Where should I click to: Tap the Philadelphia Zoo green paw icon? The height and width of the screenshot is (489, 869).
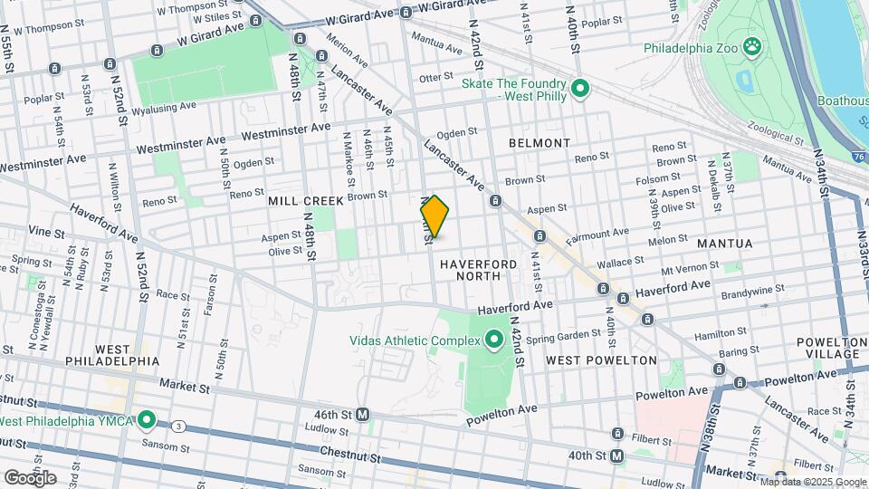(750, 46)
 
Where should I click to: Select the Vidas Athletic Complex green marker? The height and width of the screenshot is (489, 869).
(493, 340)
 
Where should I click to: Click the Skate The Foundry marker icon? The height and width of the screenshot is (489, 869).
(580, 89)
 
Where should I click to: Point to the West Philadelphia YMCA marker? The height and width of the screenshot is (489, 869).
(147, 421)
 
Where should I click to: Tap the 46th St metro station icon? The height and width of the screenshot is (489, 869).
(362, 414)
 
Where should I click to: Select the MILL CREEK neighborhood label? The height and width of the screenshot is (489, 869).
(306, 200)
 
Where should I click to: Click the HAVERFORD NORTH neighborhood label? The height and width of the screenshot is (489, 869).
(478, 269)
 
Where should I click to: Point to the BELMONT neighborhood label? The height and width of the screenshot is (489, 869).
(540, 143)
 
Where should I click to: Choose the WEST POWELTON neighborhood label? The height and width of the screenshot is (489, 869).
(601, 360)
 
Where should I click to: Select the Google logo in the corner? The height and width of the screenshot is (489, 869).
(30, 477)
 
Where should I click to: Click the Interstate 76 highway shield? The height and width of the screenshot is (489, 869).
(857, 157)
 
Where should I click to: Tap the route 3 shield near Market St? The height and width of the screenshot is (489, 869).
(179, 426)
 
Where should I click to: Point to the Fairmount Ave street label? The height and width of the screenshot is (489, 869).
(597, 238)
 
